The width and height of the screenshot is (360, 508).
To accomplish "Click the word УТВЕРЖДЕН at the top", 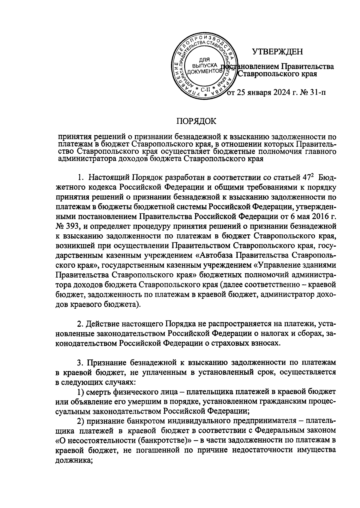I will coord(277,52).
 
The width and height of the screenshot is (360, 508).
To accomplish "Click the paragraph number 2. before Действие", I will coord(80,324).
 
